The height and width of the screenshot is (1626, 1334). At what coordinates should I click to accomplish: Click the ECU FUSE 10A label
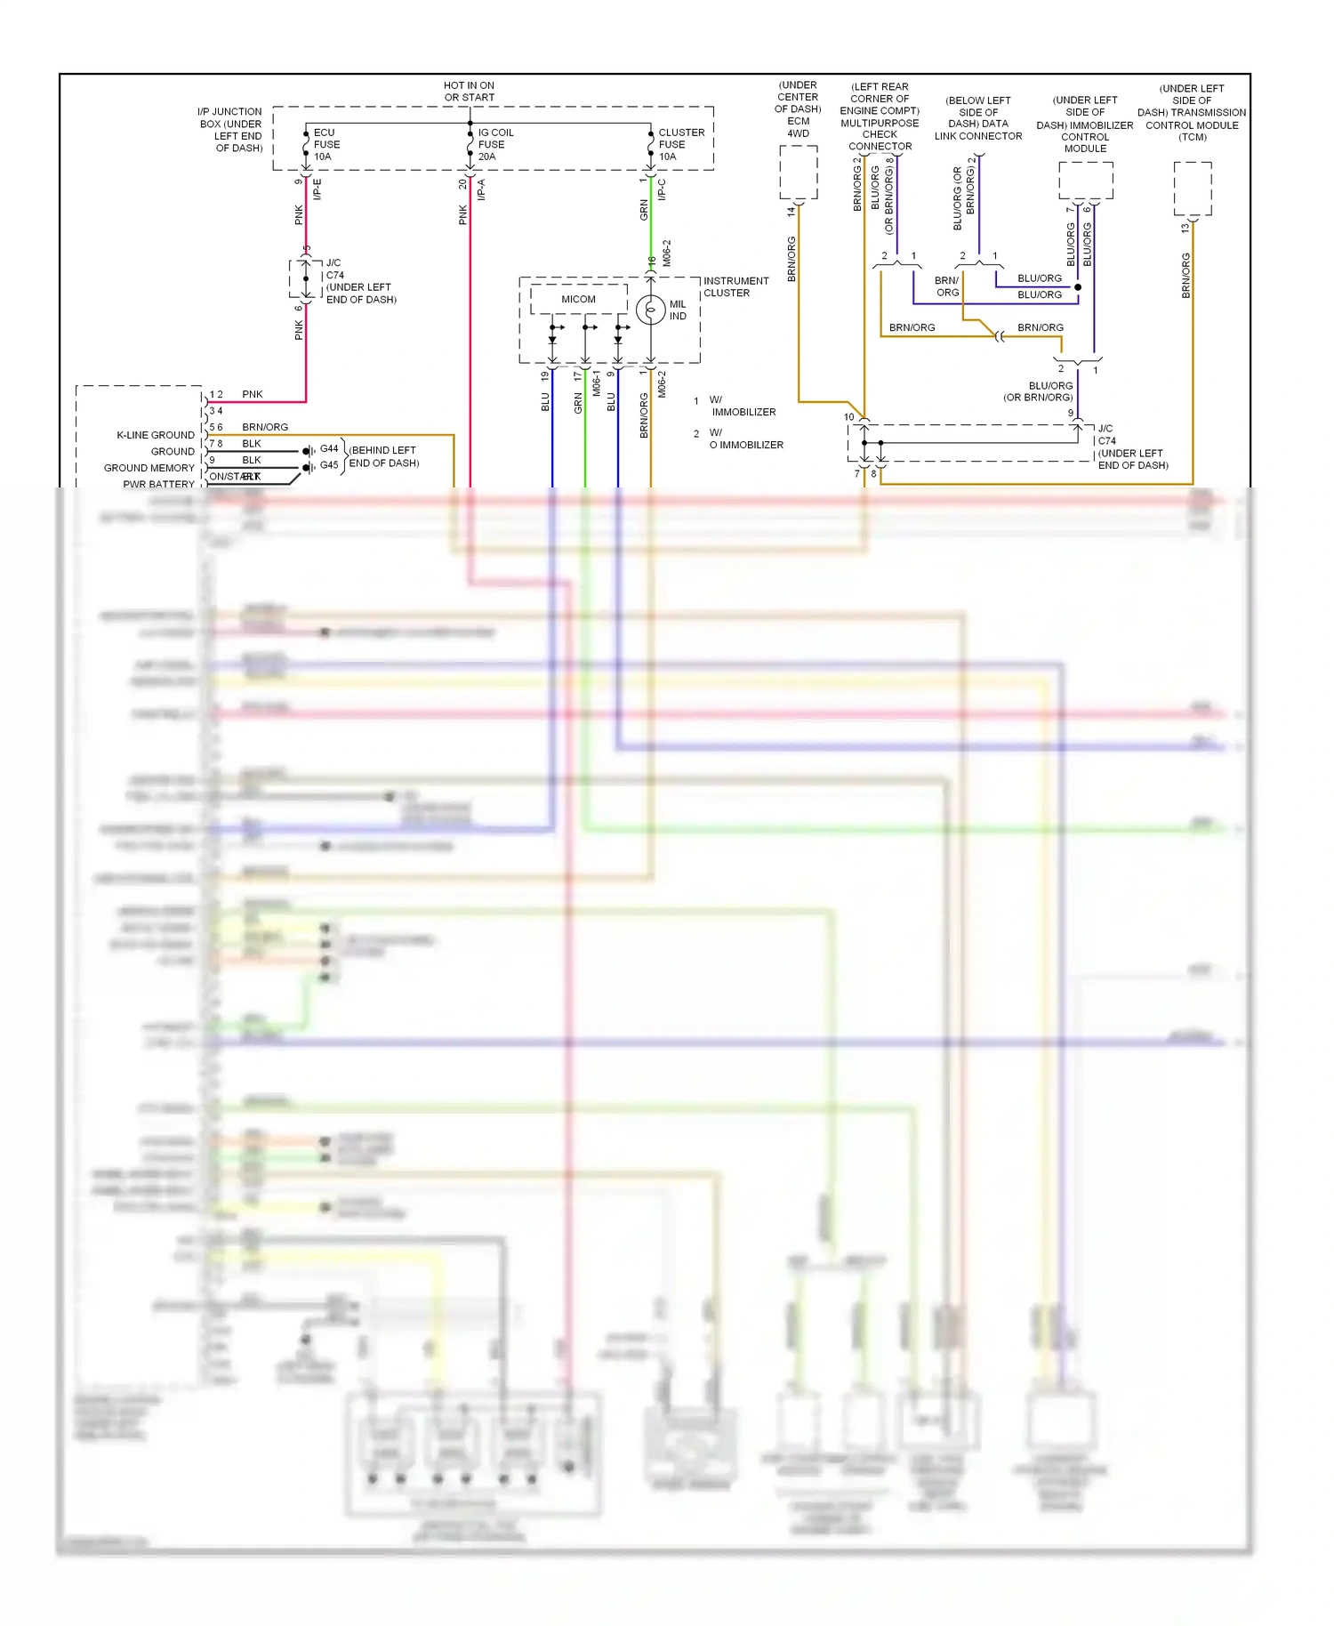[326, 144]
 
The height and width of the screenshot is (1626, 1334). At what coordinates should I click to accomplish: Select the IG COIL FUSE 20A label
[495, 144]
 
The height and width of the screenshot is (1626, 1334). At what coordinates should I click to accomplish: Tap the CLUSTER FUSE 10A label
[680, 144]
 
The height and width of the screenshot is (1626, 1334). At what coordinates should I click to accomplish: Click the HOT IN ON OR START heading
[470, 92]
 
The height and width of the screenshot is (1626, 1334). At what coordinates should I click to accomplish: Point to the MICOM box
[578, 299]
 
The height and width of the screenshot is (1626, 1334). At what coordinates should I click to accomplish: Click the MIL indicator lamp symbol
[651, 310]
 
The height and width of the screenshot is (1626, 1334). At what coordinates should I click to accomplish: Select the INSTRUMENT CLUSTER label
[735, 286]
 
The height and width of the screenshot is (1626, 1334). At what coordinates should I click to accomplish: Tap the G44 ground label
[329, 449]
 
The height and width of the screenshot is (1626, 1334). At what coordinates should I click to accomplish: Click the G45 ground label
[329, 465]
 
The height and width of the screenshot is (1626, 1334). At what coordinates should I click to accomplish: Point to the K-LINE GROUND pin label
[156, 435]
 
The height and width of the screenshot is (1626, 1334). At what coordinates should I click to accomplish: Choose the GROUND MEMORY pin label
[149, 468]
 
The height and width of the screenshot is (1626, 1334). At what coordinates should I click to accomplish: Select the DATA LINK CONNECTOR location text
[978, 118]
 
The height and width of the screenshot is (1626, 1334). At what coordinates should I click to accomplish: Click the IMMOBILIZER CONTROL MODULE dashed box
[1085, 181]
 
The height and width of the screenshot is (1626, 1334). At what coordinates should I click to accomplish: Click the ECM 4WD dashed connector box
[798, 173]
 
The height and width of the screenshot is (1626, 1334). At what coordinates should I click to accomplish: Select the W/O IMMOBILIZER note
[745, 439]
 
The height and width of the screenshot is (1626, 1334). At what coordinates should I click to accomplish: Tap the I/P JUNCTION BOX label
[230, 130]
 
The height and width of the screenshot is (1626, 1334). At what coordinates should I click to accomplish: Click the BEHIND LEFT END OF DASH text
[383, 456]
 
